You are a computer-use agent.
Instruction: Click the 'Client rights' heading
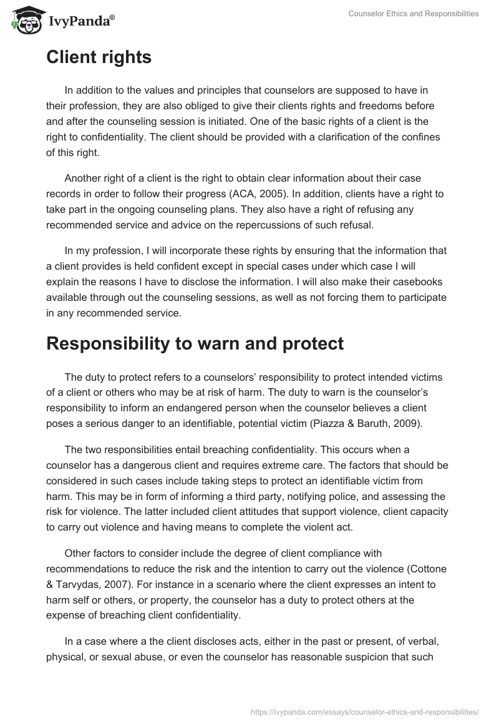coord(99,57)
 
